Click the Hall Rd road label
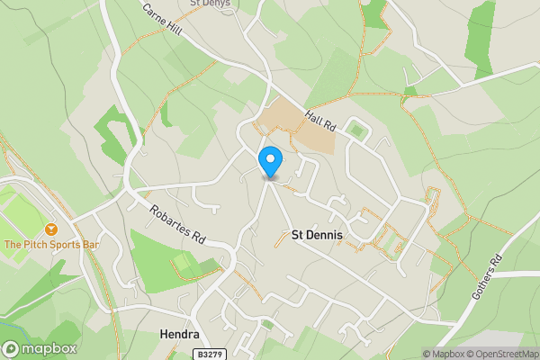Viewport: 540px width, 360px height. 319,119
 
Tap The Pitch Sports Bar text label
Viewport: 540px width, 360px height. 50,245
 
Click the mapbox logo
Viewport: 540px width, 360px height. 40,349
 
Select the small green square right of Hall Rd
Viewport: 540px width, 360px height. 359,131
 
